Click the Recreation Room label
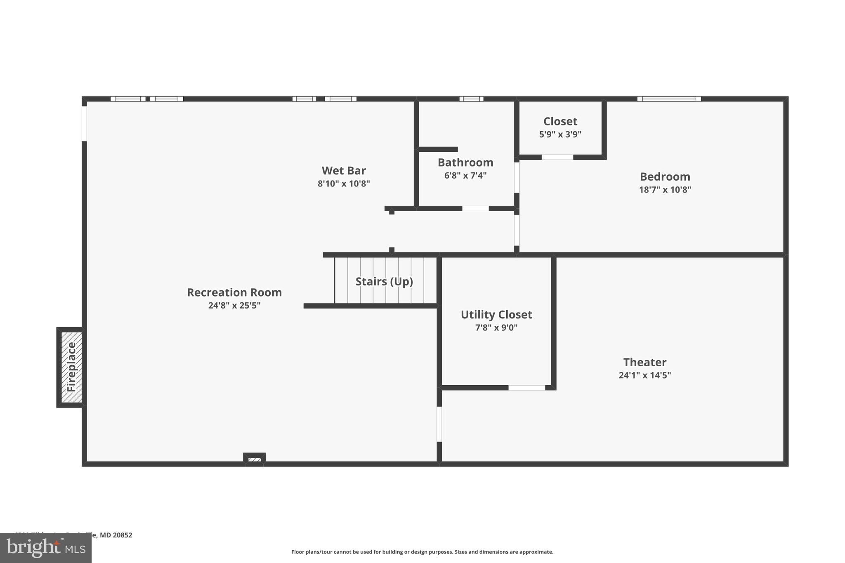(x=234, y=292)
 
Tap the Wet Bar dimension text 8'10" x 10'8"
(x=344, y=184)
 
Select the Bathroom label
(x=465, y=163)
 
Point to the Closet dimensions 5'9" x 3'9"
(x=560, y=134)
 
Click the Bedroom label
(x=665, y=177)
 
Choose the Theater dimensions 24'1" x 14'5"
(x=644, y=375)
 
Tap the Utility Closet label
(x=496, y=315)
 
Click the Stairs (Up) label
(x=384, y=282)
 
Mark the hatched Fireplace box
(x=71, y=367)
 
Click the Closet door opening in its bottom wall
(x=557, y=157)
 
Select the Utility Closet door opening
(x=526, y=388)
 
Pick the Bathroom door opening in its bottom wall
(x=475, y=209)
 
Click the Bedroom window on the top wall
(x=669, y=99)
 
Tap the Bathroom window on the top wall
(x=471, y=99)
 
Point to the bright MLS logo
(x=46, y=548)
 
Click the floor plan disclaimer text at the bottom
(x=422, y=552)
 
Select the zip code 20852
(x=123, y=535)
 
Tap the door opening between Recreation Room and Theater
(x=439, y=424)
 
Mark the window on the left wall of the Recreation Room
(x=84, y=124)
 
